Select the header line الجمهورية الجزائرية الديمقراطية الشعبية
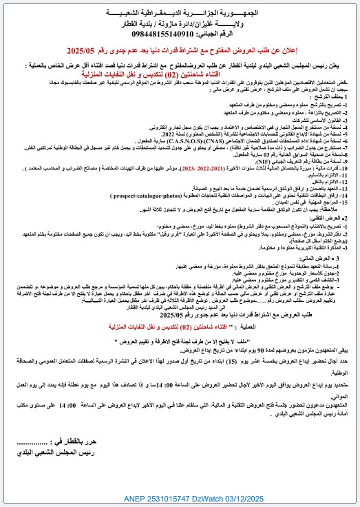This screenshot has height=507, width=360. [x=189, y=12]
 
